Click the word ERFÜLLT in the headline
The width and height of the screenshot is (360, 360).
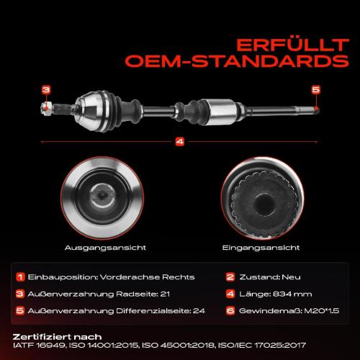[292, 45]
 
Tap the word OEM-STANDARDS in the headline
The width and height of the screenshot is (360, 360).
[237, 61]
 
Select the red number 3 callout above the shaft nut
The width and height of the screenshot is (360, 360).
[46, 90]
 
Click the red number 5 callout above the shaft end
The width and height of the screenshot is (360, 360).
[316, 90]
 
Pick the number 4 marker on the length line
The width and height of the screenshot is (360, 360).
[180, 142]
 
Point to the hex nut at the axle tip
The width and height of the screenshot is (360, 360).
[46, 108]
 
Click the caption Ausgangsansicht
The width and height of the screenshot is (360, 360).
[105, 248]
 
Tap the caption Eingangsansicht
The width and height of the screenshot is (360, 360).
[261, 248]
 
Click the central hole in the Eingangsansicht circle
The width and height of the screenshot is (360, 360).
[264, 203]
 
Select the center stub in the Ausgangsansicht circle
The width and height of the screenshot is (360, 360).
[103, 196]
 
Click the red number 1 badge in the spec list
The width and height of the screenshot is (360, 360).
[20, 277]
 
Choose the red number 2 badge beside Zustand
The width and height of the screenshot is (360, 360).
[230, 277]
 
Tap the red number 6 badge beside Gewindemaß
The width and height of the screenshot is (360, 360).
[230, 311]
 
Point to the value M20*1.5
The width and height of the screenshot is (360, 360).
[322, 311]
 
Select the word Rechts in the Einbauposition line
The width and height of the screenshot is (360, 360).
[179, 277]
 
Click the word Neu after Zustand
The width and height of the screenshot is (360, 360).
[291, 277]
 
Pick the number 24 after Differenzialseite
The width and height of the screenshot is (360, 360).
[199, 311]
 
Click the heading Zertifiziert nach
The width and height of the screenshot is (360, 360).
[57, 337]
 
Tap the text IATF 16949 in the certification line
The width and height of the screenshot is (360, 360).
[39, 346]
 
